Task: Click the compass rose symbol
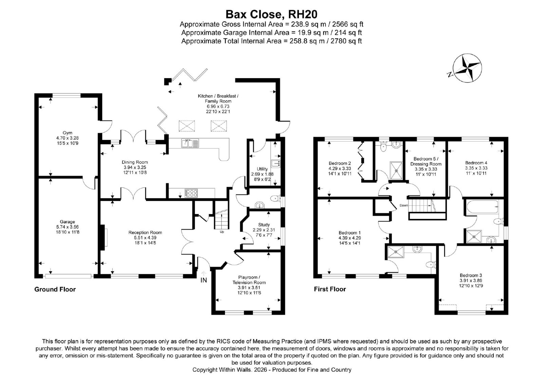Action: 467,68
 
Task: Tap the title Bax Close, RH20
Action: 271,14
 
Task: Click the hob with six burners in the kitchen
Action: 191,193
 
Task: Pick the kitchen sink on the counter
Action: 190,143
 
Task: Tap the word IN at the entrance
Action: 204,280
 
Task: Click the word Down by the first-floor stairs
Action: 404,205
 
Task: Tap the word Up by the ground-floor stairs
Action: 222,232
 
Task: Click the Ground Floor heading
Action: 55,289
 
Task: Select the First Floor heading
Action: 330,289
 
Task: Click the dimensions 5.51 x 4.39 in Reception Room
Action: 145,237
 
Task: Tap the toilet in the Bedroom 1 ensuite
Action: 431,264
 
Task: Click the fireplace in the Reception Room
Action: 103,237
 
